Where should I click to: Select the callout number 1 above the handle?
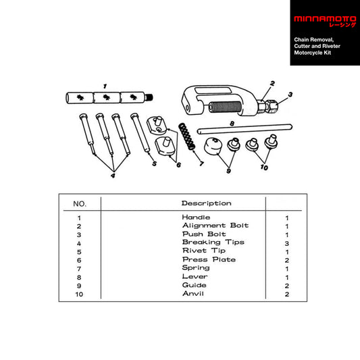[105, 86]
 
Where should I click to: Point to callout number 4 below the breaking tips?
[113, 176]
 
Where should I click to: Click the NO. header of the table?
[80, 203]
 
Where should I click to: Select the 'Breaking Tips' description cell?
[213, 242]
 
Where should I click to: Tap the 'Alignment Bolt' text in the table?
[215, 225]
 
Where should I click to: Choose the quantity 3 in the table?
[287, 242]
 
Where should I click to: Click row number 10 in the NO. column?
[80, 294]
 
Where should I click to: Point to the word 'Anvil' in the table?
[194, 294]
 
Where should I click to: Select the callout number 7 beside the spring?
[201, 163]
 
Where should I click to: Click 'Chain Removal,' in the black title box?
[313, 40]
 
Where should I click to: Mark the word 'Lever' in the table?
[195, 276]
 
